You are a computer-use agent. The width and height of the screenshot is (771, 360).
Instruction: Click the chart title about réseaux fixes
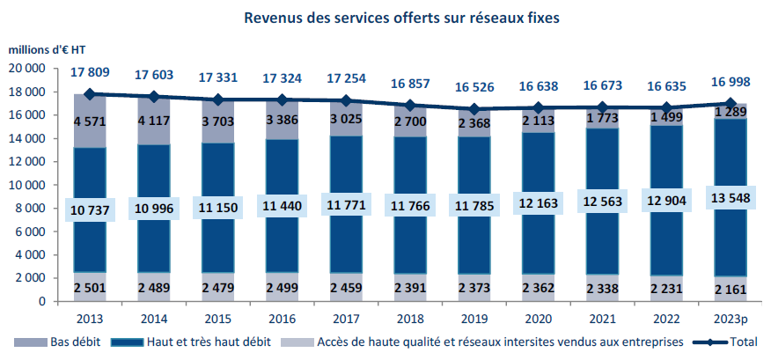click(x=401, y=17)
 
